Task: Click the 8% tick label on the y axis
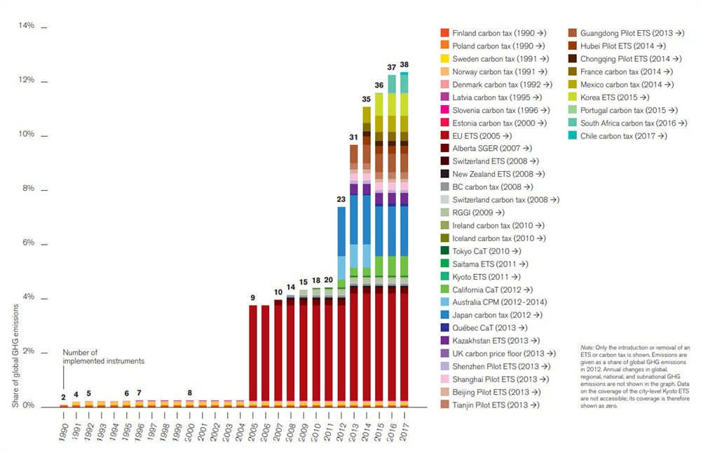point(26,189)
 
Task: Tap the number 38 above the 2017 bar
point(404,65)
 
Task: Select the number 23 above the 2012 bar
point(341,200)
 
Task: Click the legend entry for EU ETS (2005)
point(482,135)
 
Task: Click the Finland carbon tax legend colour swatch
point(444,33)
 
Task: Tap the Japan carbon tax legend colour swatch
point(444,315)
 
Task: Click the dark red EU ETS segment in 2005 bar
point(253,351)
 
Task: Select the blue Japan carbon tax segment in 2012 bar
point(341,231)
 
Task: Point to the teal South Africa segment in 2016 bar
point(392,84)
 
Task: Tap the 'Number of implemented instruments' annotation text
point(103,357)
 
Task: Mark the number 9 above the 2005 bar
point(253,298)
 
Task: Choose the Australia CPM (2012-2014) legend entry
point(494,302)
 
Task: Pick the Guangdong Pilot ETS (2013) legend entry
point(620,33)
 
